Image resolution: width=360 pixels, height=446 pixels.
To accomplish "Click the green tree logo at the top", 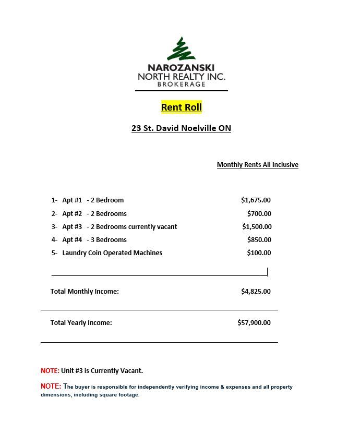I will click(x=181, y=49).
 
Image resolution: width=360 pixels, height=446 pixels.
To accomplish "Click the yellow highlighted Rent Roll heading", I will click(x=181, y=107).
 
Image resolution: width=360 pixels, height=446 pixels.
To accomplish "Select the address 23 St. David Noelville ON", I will click(x=181, y=128).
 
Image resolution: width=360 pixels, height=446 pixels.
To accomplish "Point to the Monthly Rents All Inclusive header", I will click(x=257, y=165).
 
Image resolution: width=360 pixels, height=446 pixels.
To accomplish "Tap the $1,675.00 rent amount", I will click(x=256, y=200).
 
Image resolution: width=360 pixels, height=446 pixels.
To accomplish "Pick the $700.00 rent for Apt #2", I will click(x=259, y=213).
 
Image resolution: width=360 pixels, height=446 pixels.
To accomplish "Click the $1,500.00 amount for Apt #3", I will click(x=257, y=226).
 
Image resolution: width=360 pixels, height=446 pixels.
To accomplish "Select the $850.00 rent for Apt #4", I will click(x=259, y=239).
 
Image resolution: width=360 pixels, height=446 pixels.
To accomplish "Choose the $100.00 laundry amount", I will click(x=259, y=252).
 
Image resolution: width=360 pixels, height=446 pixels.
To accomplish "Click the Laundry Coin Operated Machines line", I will click(x=112, y=252).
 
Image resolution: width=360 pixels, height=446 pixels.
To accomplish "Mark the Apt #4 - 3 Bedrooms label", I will click(x=94, y=239).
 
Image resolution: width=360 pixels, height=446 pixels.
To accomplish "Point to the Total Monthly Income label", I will click(x=85, y=291).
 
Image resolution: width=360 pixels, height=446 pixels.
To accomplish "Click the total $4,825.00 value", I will click(x=256, y=291).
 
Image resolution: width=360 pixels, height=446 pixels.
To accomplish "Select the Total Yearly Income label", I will click(x=81, y=322).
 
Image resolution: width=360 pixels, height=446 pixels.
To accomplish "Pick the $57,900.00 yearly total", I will click(x=254, y=322).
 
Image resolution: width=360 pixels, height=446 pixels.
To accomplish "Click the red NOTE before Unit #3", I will click(x=50, y=371).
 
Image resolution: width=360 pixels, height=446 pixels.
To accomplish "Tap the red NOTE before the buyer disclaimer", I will click(x=51, y=387).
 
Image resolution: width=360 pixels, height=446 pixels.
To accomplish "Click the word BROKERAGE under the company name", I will click(x=181, y=85).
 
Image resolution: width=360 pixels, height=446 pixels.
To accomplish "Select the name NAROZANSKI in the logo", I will click(x=181, y=68).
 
